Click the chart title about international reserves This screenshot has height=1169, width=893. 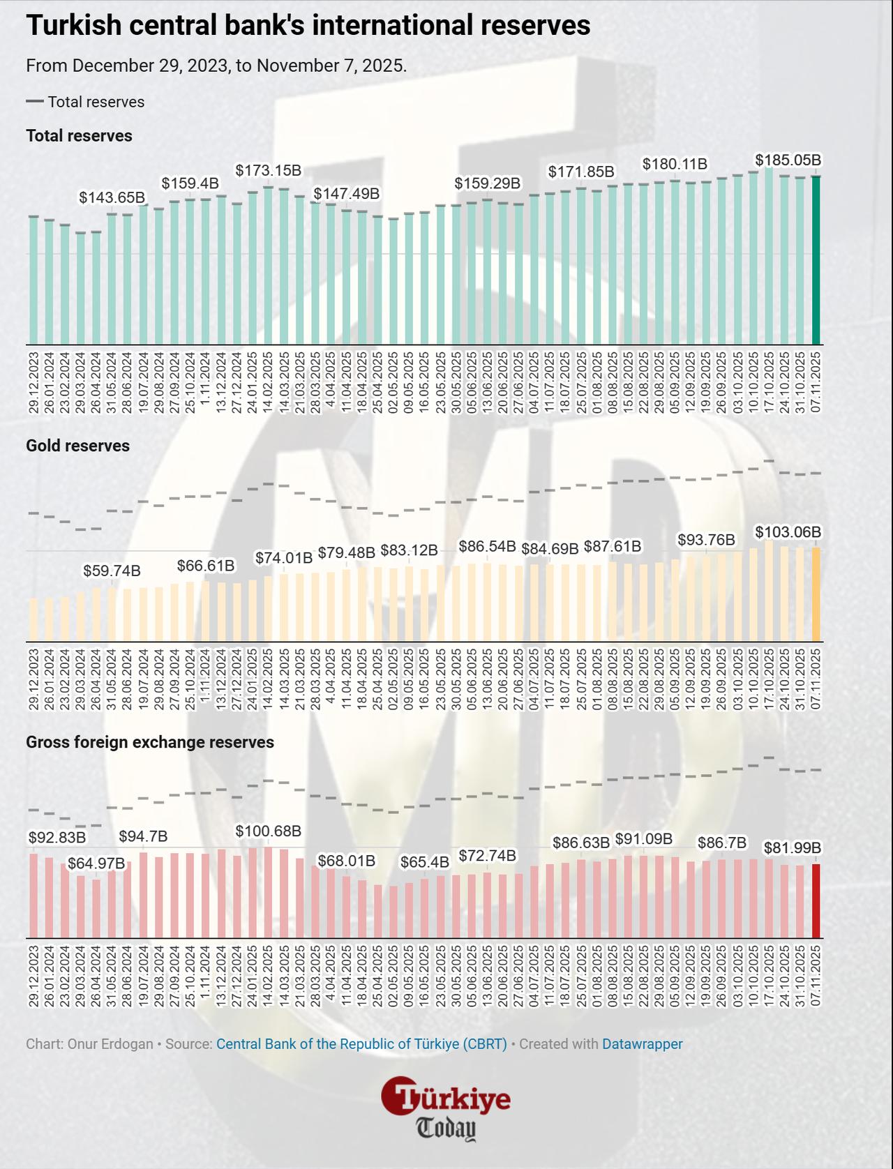[x=308, y=26]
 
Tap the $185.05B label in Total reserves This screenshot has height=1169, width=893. [x=788, y=160]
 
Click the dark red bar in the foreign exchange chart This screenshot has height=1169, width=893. [x=816, y=900]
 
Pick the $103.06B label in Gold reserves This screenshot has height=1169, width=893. [x=788, y=532]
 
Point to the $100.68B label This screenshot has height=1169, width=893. [x=268, y=831]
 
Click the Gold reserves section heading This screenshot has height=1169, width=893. [x=77, y=446]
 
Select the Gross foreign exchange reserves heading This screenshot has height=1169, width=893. [x=149, y=742]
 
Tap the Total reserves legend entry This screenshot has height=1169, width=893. [x=85, y=102]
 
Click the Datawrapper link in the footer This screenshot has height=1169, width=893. [x=642, y=1044]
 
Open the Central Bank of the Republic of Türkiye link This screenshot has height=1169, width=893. [x=361, y=1044]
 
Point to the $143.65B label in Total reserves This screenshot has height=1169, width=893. [x=112, y=197]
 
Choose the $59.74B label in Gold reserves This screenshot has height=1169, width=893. [x=112, y=571]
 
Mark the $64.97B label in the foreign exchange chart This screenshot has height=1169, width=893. [x=96, y=863]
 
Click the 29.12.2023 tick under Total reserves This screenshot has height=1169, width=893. [x=33, y=384]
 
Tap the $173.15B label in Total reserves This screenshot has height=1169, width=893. [x=268, y=170]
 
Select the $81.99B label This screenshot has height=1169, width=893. [x=792, y=847]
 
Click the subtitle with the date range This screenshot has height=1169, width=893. [x=216, y=66]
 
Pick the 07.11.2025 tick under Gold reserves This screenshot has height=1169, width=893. [x=816, y=680]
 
